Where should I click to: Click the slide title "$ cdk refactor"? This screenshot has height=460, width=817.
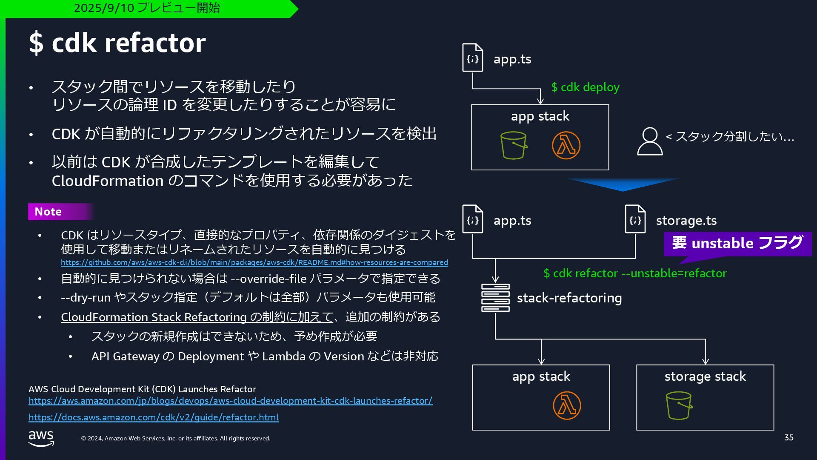click(x=117, y=43)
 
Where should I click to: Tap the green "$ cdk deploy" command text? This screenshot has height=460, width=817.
click(x=585, y=87)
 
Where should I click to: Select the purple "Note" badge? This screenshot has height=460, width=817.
click(x=49, y=212)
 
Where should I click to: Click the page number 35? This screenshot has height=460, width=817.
click(x=788, y=437)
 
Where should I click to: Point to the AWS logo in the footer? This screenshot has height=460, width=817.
click(x=41, y=438)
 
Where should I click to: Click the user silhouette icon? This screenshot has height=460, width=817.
click(x=649, y=141)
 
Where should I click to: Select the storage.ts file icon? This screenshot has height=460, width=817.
click(x=635, y=219)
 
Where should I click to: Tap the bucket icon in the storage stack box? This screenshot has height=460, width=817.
click(x=679, y=405)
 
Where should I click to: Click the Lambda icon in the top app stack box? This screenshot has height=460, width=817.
click(x=566, y=145)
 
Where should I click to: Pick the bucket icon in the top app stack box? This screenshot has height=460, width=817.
click(x=514, y=145)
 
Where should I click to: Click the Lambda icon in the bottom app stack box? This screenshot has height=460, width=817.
click(x=567, y=405)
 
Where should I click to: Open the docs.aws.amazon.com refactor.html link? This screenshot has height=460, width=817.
click(x=154, y=417)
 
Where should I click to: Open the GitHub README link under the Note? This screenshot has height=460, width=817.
click(x=254, y=262)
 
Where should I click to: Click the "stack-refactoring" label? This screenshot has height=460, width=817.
click(x=569, y=298)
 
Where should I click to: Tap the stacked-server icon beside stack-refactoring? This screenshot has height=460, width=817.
click(x=495, y=298)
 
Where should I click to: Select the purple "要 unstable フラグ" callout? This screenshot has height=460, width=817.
click(x=737, y=243)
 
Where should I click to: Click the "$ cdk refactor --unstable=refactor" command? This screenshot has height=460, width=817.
click(x=635, y=273)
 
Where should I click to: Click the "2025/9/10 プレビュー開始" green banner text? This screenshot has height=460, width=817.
click(x=147, y=8)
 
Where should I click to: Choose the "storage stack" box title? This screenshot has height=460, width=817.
click(x=705, y=377)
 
